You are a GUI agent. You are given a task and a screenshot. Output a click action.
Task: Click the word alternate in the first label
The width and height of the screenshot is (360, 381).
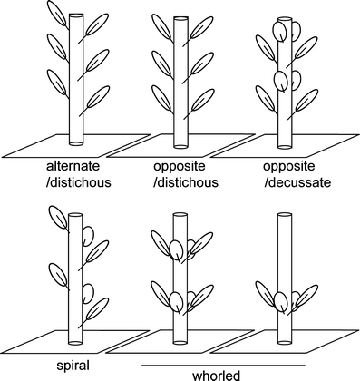pos(73,166)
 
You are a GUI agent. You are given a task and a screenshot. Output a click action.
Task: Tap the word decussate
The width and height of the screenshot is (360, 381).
pos(297,182)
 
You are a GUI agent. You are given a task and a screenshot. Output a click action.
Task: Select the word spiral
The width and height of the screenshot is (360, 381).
pos(73,366)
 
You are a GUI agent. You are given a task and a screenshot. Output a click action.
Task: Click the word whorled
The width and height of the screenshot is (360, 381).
pos(217,376)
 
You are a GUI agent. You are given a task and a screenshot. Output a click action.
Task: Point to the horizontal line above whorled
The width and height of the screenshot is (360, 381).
pos(224,366)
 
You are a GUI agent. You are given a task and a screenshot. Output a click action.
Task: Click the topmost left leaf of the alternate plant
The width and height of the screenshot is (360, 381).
pos(57,13)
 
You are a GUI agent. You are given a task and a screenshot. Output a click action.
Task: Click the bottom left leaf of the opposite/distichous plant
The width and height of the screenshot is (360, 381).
pos(161,97)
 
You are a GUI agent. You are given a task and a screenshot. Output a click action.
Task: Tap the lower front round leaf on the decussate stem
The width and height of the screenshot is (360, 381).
pos(281,80)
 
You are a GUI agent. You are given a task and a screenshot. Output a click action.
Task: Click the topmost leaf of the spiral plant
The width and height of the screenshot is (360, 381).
pos(58,218)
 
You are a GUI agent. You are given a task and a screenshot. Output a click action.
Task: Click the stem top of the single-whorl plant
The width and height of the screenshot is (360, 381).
pos(285,215)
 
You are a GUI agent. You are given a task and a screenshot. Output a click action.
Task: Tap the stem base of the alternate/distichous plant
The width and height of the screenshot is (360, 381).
pos(76,142)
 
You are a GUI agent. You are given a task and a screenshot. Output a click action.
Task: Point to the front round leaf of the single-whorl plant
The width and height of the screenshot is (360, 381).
pos(281,301)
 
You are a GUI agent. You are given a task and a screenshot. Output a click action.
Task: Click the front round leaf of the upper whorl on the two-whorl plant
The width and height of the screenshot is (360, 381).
pos(176,249)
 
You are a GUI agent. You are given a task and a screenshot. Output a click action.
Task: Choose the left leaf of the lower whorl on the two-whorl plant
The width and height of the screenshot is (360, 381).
pos(161,295)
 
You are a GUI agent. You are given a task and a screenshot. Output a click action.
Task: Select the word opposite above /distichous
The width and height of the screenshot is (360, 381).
pos(180,166)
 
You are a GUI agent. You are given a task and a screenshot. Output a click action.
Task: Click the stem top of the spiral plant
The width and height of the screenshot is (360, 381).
pos(75,216)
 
